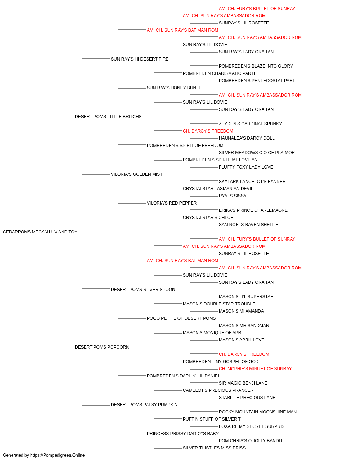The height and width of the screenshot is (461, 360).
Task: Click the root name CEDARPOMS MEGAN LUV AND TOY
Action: click(x=40, y=232)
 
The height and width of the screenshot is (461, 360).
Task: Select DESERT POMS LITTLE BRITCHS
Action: click(x=108, y=117)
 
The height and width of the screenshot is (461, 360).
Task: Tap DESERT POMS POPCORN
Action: click(x=102, y=347)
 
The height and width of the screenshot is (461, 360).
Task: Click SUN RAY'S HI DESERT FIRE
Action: click(x=140, y=59)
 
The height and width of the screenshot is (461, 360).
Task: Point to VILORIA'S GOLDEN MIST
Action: click(x=136, y=174)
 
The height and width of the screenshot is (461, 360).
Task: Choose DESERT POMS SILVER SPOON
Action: click(x=143, y=290)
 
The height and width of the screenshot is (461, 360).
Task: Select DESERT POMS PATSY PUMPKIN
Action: click(x=144, y=405)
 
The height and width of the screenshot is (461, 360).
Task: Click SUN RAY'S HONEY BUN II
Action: click(x=173, y=88)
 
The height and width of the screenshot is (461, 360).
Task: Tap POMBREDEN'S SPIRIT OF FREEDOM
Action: click(x=185, y=146)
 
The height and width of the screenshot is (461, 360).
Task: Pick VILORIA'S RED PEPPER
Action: click(x=172, y=203)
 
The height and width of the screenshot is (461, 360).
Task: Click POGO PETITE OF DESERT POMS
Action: click(x=181, y=318)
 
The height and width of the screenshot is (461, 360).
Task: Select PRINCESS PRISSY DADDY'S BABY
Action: click(x=183, y=434)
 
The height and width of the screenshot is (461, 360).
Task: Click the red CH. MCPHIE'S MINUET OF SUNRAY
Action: click(x=255, y=369)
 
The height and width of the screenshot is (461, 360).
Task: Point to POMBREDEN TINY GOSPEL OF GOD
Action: click(x=221, y=362)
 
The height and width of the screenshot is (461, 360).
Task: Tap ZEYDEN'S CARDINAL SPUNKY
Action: click(x=250, y=124)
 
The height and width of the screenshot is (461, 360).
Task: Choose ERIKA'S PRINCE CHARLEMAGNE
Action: click(x=253, y=210)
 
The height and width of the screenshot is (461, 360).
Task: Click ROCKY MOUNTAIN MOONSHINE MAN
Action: click(x=258, y=412)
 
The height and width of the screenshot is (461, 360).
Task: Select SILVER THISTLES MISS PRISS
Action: click(x=214, y=448)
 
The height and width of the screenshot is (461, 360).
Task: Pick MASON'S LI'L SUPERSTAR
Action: click(x=246, y=297)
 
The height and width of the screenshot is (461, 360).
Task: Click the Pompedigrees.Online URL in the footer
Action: click(x=58, y=455)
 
